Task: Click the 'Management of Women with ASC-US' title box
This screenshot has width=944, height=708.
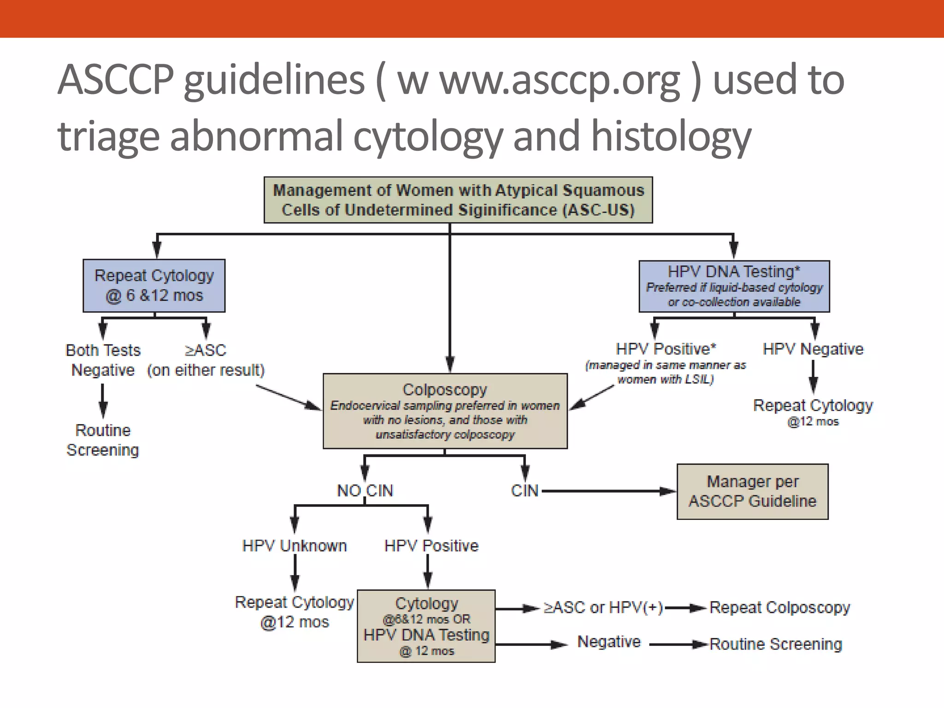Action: click(458, 200)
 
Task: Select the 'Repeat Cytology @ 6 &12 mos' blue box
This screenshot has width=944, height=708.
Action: click(154, 285)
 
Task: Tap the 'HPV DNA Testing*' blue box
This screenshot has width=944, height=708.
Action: click(734, 286)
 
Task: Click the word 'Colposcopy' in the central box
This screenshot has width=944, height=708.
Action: click(445, 390)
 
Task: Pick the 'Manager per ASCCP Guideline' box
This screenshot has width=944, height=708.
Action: click(752, 491)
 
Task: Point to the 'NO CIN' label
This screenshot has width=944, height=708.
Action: click(365, 490)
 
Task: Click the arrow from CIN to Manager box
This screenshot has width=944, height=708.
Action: click(608, 491)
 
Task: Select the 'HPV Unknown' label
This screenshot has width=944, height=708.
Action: click(295, 546)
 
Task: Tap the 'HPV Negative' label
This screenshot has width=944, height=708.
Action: click(813, 349)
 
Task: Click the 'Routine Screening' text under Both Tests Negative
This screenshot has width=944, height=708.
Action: click(103, 440)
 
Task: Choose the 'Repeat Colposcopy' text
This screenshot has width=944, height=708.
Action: click(779, 608)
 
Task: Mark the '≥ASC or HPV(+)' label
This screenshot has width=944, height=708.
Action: click(603, 608)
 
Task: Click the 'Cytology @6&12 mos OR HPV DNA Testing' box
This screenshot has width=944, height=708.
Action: click(426, 626)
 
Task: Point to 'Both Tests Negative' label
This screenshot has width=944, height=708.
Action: click(103, 360)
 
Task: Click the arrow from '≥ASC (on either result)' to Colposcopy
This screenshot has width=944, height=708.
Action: click(288, 397)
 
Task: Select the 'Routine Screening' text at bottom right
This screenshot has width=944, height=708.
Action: click(776, 644)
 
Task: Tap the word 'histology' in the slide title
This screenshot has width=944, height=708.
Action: click(671, 136)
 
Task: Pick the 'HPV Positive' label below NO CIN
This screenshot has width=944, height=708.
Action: click(431, 546)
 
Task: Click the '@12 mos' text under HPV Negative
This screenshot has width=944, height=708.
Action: click(813, 421)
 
